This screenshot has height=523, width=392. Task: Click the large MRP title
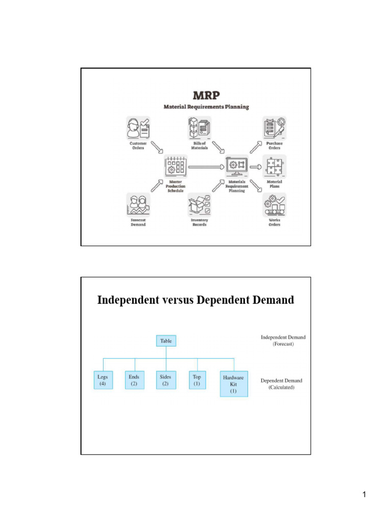coord(206,96)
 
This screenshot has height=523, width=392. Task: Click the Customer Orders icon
coord(138,128)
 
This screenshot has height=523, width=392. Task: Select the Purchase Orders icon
coord(274,128)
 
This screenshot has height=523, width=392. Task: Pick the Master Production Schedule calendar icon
coord(176,167)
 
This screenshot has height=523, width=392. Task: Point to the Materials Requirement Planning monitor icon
coord(236,166)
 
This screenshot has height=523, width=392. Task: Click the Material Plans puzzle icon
coord(274,167)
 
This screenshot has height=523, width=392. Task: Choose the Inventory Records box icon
coord(200,205)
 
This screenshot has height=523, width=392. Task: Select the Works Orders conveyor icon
coord(274,205)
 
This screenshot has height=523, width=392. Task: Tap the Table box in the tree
coord(166,341)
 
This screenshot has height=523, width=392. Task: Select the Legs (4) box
coord(103,381)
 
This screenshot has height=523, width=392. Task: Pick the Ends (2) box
coord(134,381)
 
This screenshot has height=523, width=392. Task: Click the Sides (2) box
coord(165,381)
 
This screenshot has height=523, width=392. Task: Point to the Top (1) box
coord(197,381)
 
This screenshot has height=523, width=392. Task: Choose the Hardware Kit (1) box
coord(234,384)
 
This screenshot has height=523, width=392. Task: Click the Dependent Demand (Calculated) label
coord(281,384)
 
